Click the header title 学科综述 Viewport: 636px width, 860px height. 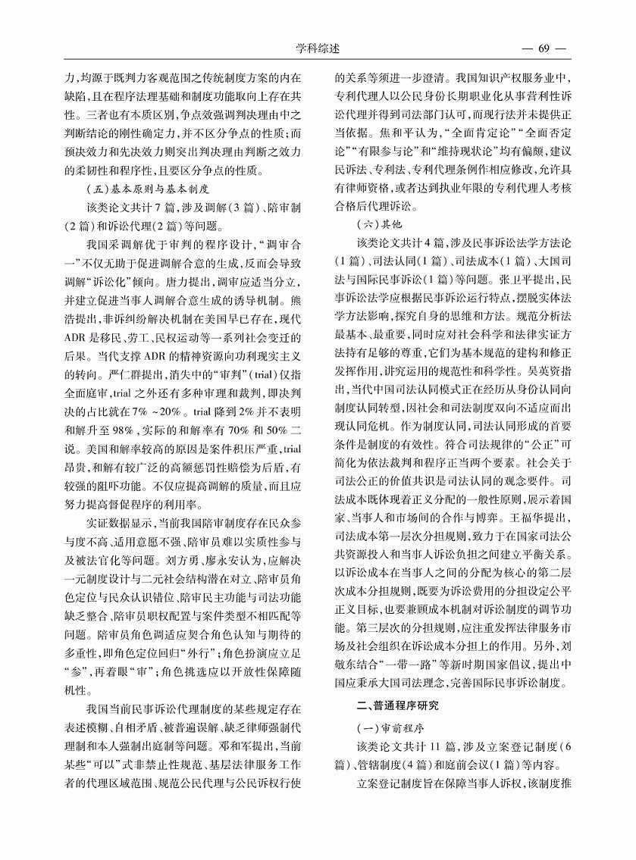click(318, 48)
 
